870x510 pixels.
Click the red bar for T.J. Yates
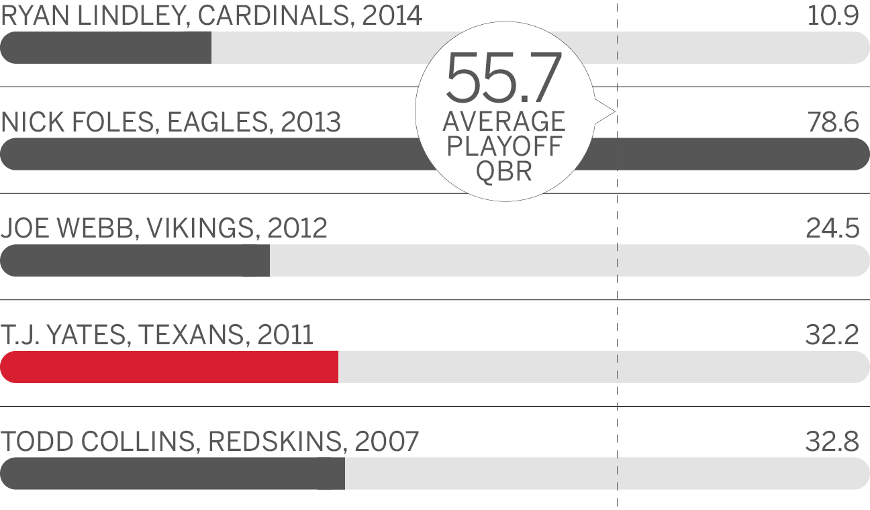click(x=169, y=366)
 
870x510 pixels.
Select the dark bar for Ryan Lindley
click(x=106, y=48)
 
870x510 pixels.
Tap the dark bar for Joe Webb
click(x=134, y=260)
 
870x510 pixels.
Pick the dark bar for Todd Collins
click(x=173, y=473)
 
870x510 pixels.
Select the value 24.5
click(x=832, y=229)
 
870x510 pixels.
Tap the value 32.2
click(x=832, y=335)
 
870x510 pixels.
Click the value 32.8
click(x=832, y=442)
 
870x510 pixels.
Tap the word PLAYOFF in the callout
click(x=504, y=146)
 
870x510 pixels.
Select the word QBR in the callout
click(x=504, y=171)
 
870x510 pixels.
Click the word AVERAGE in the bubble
click(x=504, y=121)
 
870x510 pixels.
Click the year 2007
click(x=387, y=442)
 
